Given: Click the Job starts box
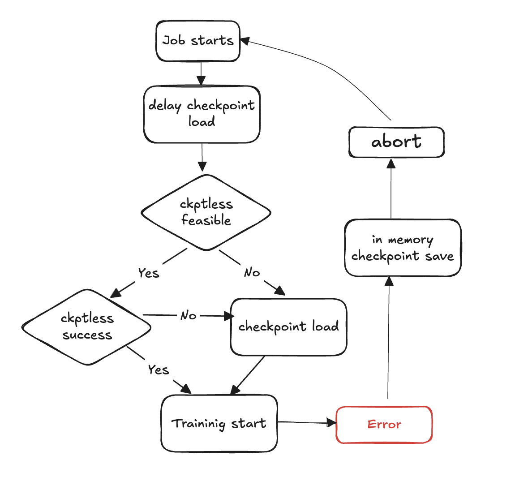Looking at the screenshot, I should click(197, 41).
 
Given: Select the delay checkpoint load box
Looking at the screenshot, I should click(202, 114).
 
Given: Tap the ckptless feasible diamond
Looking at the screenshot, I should click(206, 212).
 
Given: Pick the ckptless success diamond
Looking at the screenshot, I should click(86, 326).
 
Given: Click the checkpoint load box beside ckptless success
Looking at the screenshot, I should click(288, 327).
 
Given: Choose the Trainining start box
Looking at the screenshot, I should click(219, 423).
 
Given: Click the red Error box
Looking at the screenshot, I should click(384, 425).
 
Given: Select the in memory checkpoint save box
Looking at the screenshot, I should click(402, 248).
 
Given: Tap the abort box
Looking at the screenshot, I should click(396, 142).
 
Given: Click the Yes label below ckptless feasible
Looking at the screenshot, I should click(148, 273).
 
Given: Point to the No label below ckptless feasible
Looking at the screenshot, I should click(252, 272).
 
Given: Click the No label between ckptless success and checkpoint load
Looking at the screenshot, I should click(189, 316).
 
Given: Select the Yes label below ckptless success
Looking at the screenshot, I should click(159, 369).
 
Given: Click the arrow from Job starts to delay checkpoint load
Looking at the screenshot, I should click(201, 73).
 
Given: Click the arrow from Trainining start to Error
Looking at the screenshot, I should click(306, 422).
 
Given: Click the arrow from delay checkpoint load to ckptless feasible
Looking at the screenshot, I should click(202, 157).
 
